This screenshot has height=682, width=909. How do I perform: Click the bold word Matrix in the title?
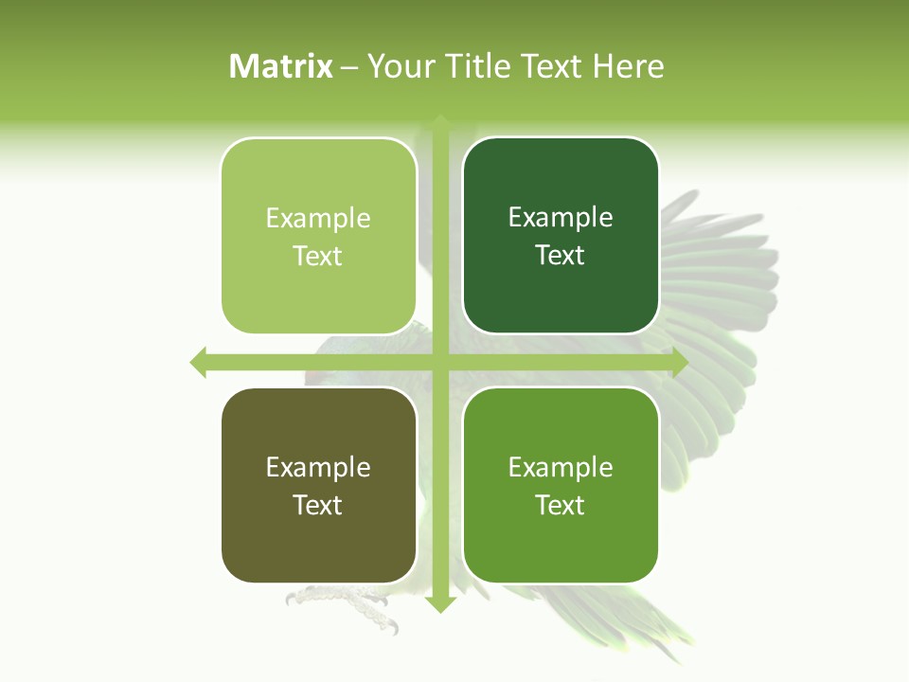point(281,66)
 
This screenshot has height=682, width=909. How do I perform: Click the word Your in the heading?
point(401,66)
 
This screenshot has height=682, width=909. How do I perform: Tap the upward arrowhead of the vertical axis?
point(440,121)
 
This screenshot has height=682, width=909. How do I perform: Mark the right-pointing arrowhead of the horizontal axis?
point(679,362)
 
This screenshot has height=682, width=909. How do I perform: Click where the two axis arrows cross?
point(440,362)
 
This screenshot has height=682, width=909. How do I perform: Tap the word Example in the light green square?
point(318,219)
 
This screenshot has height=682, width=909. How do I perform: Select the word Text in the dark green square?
point(561,256)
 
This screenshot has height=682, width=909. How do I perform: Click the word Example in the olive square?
point(318,467)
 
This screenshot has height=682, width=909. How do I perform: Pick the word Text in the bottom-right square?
point(561,505)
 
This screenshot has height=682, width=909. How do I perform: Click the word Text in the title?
point(553,66)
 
